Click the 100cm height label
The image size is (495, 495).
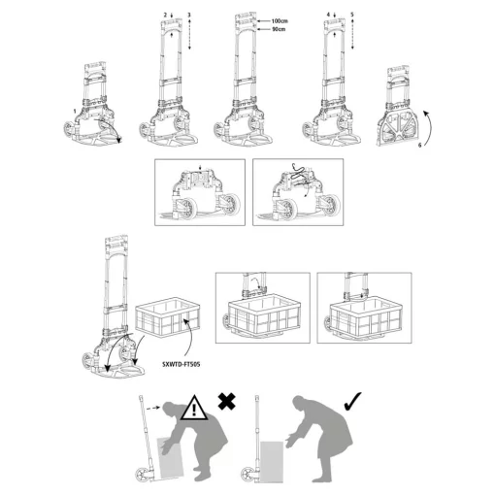click(281, 19)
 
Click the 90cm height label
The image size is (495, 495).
click(280, 29)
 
